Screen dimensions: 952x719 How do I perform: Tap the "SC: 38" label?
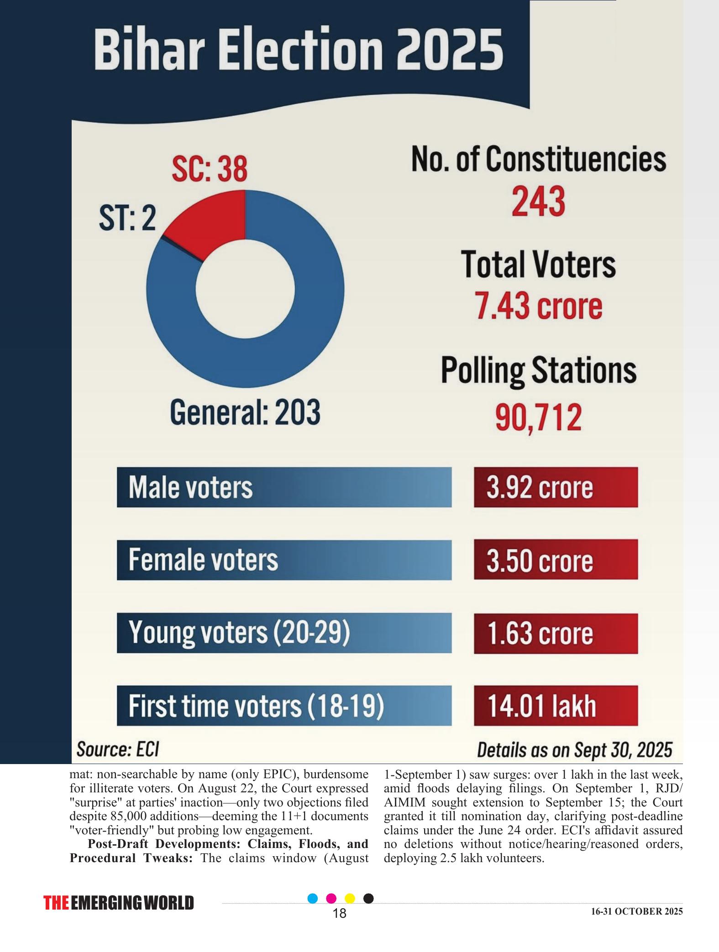click(x=209, y=170)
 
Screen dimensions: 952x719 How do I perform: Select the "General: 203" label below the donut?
click(x=245, y=412)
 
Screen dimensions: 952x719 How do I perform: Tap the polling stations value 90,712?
click(x=538, y=417)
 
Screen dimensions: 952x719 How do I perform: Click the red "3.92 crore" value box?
click(x=556, y=487)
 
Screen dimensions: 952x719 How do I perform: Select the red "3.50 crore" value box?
click(x=556, y=560)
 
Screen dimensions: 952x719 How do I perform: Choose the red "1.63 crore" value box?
click(x=556, y=633)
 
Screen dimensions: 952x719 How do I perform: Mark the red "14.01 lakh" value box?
click(x=556, y=706)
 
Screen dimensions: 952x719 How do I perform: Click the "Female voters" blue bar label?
click(x=203, y=560)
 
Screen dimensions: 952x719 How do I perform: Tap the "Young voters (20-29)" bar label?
click(x=239, y=633)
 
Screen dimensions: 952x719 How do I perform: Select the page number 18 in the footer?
click(x=340, y=913)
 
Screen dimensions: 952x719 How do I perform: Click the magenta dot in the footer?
click(x=332, y=898)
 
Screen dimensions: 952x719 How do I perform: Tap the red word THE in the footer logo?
click(x=56, y=903)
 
